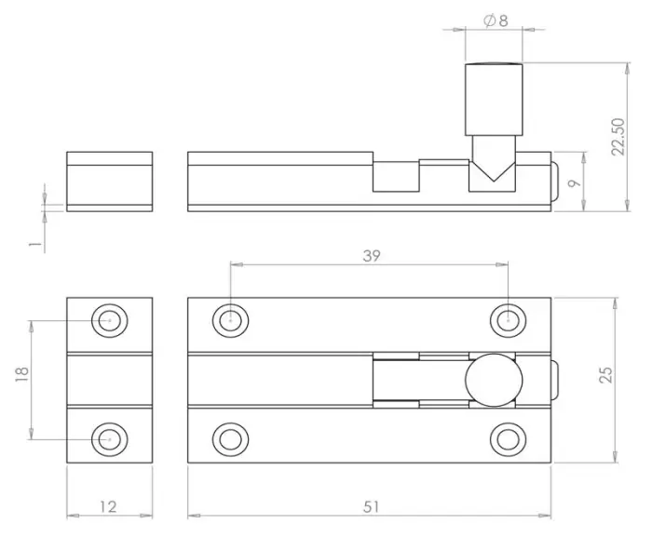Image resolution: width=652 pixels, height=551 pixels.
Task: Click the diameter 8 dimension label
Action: click(x=496, y=21)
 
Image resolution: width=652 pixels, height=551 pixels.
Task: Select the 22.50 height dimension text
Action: click(x=618, y=137)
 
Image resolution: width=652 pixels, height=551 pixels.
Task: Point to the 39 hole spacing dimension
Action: click(x=370, y=255)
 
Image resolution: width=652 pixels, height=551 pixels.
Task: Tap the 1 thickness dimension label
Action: click(x=34, y=245)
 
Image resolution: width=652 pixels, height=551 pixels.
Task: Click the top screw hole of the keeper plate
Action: click(x=109, y=320)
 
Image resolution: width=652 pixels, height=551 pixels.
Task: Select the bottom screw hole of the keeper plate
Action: click(x=109, y=437)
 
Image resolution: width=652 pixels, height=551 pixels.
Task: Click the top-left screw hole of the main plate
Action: click(x=229, y=320)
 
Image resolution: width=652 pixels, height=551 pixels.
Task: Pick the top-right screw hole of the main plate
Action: click(x=508, y=320)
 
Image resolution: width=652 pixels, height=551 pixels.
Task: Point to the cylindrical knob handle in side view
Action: click(x=494, y=98)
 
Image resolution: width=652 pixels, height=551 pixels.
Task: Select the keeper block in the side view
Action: click(x=109, y=181)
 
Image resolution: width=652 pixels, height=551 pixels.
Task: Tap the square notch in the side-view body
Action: click(x=395, y=176)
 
